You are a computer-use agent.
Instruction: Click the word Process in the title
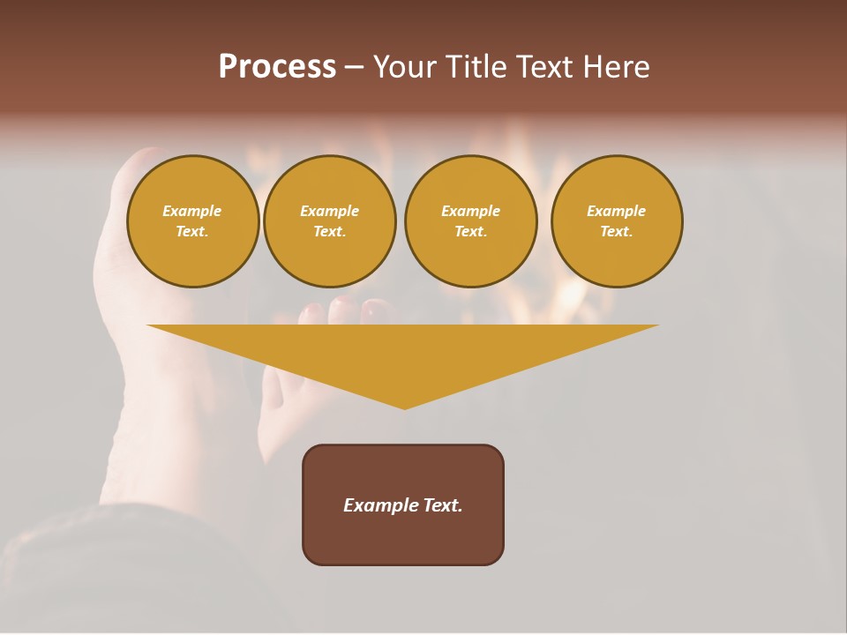(277, 67)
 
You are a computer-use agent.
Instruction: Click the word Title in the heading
(474, 67)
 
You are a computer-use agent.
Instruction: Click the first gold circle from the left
(192, 221)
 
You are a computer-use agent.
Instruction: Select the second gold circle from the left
(329, 221)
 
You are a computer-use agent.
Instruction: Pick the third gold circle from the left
(470, 221)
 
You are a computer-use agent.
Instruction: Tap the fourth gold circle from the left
(616, 221)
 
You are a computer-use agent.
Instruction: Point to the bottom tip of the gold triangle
(404, 407)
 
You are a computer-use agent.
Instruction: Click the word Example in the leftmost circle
(192, 211)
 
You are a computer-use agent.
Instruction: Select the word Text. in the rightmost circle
(616, 232)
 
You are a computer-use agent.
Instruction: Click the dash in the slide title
(354, 68)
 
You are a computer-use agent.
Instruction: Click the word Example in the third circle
(470, 211)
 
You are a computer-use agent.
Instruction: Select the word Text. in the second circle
(329, 232)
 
